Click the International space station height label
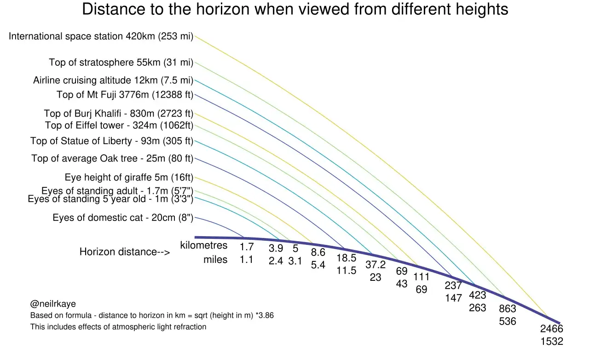click(x=101, y=36)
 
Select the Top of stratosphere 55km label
click(x=121, y=63)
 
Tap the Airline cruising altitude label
click(x=113, y=80)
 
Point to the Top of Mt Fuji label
click(x=125, y=95)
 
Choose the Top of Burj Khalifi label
click(x=119, y=113)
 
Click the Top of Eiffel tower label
click(x=119, y=125)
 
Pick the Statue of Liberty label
click(x=112, y=141)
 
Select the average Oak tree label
click(x=112, y=159)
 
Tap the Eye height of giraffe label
click(x=129, y=177)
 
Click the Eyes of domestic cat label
click(x=123, y=218)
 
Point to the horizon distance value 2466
click(x=552, y=329)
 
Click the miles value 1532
click(x=552, y=341)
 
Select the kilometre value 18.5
click(x=346, y=258)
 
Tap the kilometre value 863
click(x=508, y=308)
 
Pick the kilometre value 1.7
click(x=247, y=247)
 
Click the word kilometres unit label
click(x=204, y=245)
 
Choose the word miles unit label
click(x=215, y=260)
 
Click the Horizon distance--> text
click(x=125, y=252)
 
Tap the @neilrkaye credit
click(x=53, y=304)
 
